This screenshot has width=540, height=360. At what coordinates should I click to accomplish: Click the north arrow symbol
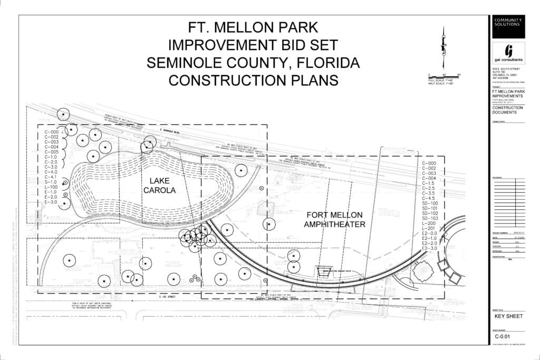click(x=445, y=47)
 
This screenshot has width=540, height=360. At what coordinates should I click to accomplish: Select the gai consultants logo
click(x=508, y=54)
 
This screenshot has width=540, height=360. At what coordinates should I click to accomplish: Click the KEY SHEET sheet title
click(x=508, y=316)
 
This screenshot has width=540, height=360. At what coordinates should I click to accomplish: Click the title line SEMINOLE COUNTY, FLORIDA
click(x=253, y=62)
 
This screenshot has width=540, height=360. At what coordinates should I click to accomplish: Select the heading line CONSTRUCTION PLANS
click(x=253, y=80)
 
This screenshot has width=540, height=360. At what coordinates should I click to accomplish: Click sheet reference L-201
click(x=429, y=228)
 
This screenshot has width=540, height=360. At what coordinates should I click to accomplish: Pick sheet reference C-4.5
click(x=429, y=198)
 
